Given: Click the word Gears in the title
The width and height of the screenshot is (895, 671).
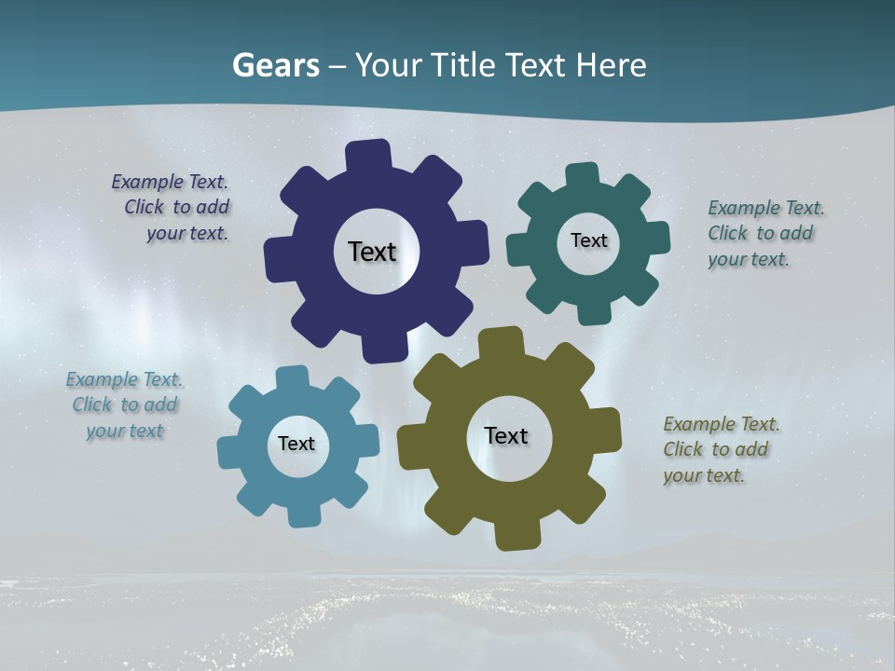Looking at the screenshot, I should click(275, 65).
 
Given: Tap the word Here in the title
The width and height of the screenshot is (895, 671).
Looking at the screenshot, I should click(611, 65).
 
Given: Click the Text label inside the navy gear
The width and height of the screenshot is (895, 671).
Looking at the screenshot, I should click(372, 252).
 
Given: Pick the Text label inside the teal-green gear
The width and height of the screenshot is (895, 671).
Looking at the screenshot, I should click(588, 240).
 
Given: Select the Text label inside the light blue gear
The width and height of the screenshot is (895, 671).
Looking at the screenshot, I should click(296, 444).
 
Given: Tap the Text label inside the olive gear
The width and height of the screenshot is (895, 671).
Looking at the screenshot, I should click(506, 435).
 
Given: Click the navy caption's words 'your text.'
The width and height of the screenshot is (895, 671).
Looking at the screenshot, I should click(186, 233).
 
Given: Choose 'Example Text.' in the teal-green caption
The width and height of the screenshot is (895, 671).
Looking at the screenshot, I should click(766, 208).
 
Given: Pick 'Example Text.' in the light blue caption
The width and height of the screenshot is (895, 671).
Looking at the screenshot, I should click(124, 379).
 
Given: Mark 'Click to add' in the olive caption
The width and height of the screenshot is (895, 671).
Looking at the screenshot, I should click(716, 449).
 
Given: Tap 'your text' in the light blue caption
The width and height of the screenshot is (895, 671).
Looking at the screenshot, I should click(125, 431).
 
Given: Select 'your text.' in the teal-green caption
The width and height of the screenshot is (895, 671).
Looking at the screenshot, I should click(749, 259).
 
